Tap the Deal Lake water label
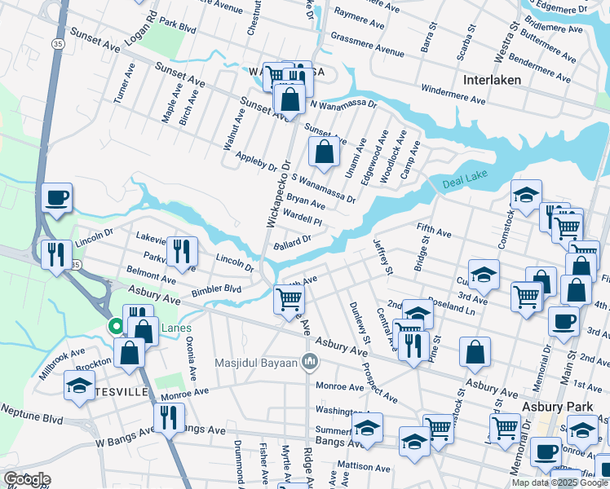coord(463,185)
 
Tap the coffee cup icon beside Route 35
coord(57,197)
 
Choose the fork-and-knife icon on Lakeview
coord(181,250)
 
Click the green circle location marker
coord(116,327)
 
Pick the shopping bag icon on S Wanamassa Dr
coord(324,152)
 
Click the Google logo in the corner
coord(26,479)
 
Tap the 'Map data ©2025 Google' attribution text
coord(559,482)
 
